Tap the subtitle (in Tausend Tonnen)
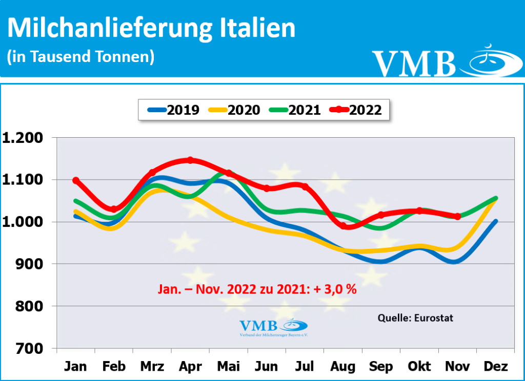coord(80,57)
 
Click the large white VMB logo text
coord(414,63)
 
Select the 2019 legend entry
coord(174,110)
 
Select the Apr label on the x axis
coord(190,367)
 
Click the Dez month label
coord(496,367)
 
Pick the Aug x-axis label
coord(343,367)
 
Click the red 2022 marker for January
coord(76,180)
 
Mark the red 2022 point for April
coord(190,160)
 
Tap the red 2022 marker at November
coord(457,216)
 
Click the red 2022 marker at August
coord(343,225)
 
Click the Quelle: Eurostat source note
coord(415,318)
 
